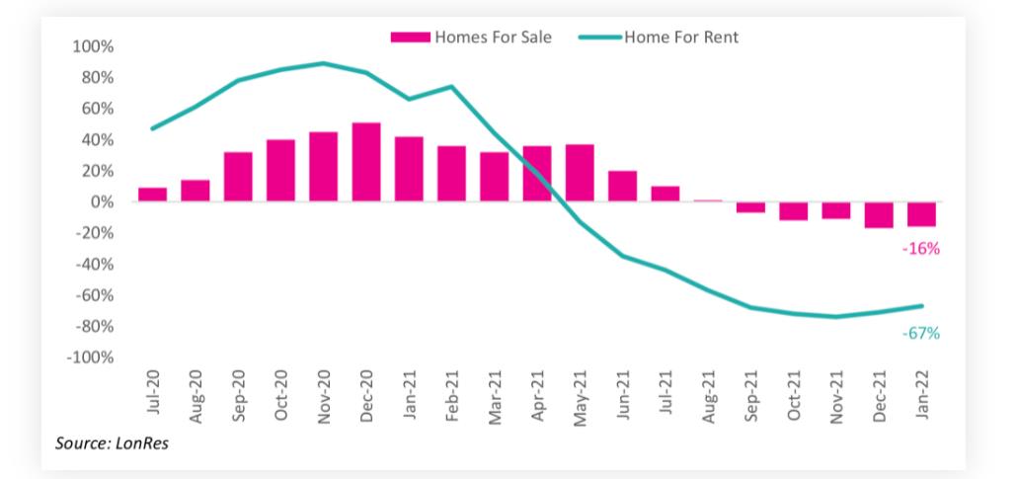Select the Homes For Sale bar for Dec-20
click(366, 162)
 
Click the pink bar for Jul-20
click(152, 195)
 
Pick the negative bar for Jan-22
click(922, 213)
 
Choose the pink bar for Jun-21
click(622, 186)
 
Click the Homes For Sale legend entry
click(471, 38)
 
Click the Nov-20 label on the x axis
click(324, 398)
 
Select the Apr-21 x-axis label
click(538, 398)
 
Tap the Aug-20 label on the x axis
click(196, 398)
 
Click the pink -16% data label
click(920, 249)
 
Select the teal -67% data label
click(920, 334)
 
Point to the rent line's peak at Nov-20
click(324, 63)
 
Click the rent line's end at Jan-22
click(922, 305)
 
